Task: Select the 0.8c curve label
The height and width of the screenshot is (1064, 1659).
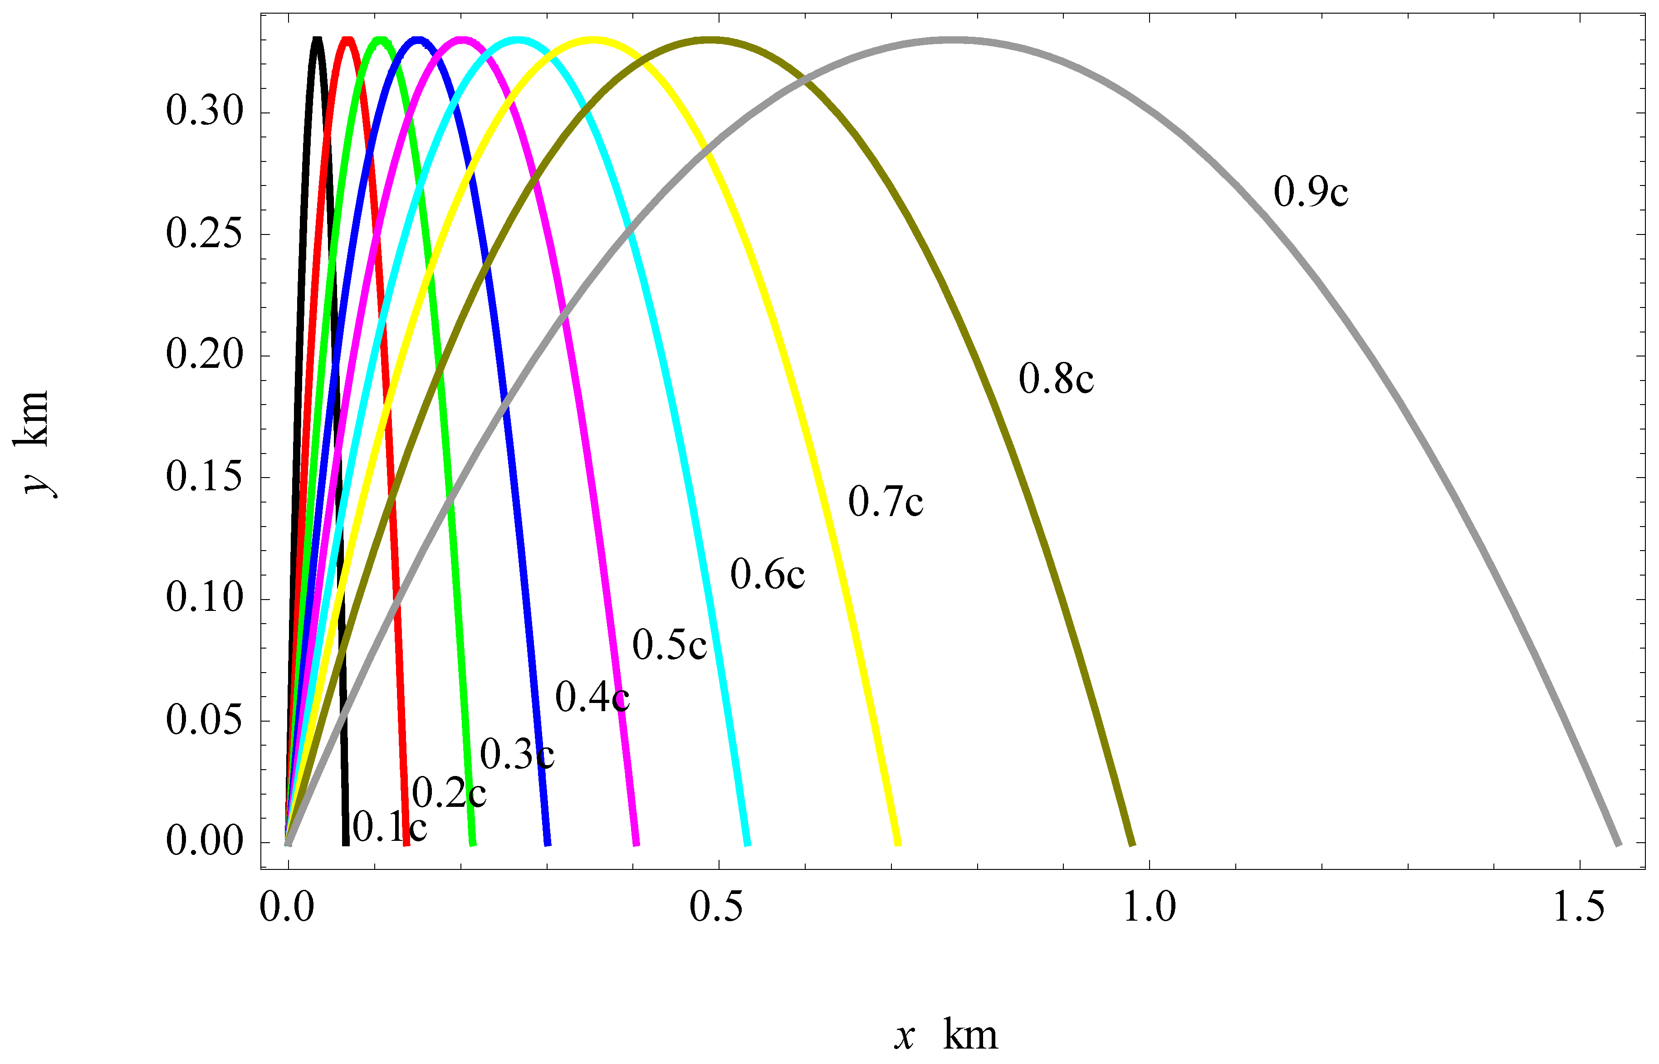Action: click(1056, 379)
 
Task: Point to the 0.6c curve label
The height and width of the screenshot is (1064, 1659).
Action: click(767, 575)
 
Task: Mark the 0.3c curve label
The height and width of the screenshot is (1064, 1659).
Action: click(517, 755)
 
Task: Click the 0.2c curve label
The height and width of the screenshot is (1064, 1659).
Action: click(449, 792)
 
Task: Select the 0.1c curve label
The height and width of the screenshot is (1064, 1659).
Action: click(390, 826)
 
